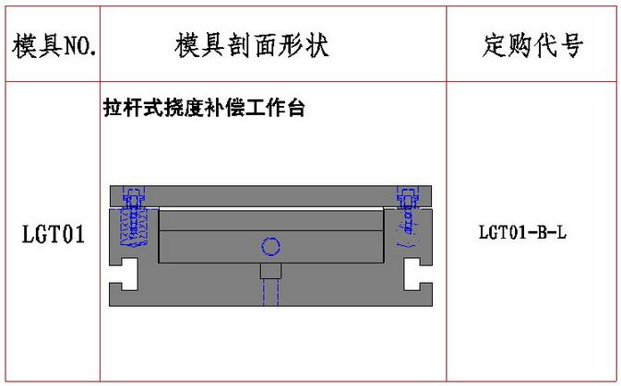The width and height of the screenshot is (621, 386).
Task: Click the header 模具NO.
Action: click(x=54, y=46)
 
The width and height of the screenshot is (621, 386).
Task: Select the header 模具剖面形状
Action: click(x=252, y=45)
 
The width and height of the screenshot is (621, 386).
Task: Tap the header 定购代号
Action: click(x=532, y=45)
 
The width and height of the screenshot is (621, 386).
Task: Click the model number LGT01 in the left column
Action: click(x=54, y=234)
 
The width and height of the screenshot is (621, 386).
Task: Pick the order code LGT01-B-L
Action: click(x=523, y=232)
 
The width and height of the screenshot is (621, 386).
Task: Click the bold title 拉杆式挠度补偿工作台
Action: click(x=204, y=108)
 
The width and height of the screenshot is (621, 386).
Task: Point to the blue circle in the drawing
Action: click(x=271, y=247)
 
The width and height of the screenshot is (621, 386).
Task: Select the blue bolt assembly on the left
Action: click(x=134, y=216)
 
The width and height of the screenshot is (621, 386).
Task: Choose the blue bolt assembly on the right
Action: click(x=408, y=216)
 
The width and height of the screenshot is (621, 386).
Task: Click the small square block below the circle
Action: click(x=271, y=271)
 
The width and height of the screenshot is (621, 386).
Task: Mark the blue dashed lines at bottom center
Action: click(x=271, y=292)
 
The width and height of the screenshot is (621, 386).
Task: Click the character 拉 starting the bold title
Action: click(x=113, y=108)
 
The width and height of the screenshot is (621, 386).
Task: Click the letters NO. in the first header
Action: click(x=81, y=47)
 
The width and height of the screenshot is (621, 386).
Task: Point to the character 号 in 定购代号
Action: click(x=571, y=45)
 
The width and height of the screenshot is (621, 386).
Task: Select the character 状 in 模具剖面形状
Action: click(x=316, y=45)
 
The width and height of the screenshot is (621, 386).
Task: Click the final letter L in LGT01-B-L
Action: click(x=562, y=232)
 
